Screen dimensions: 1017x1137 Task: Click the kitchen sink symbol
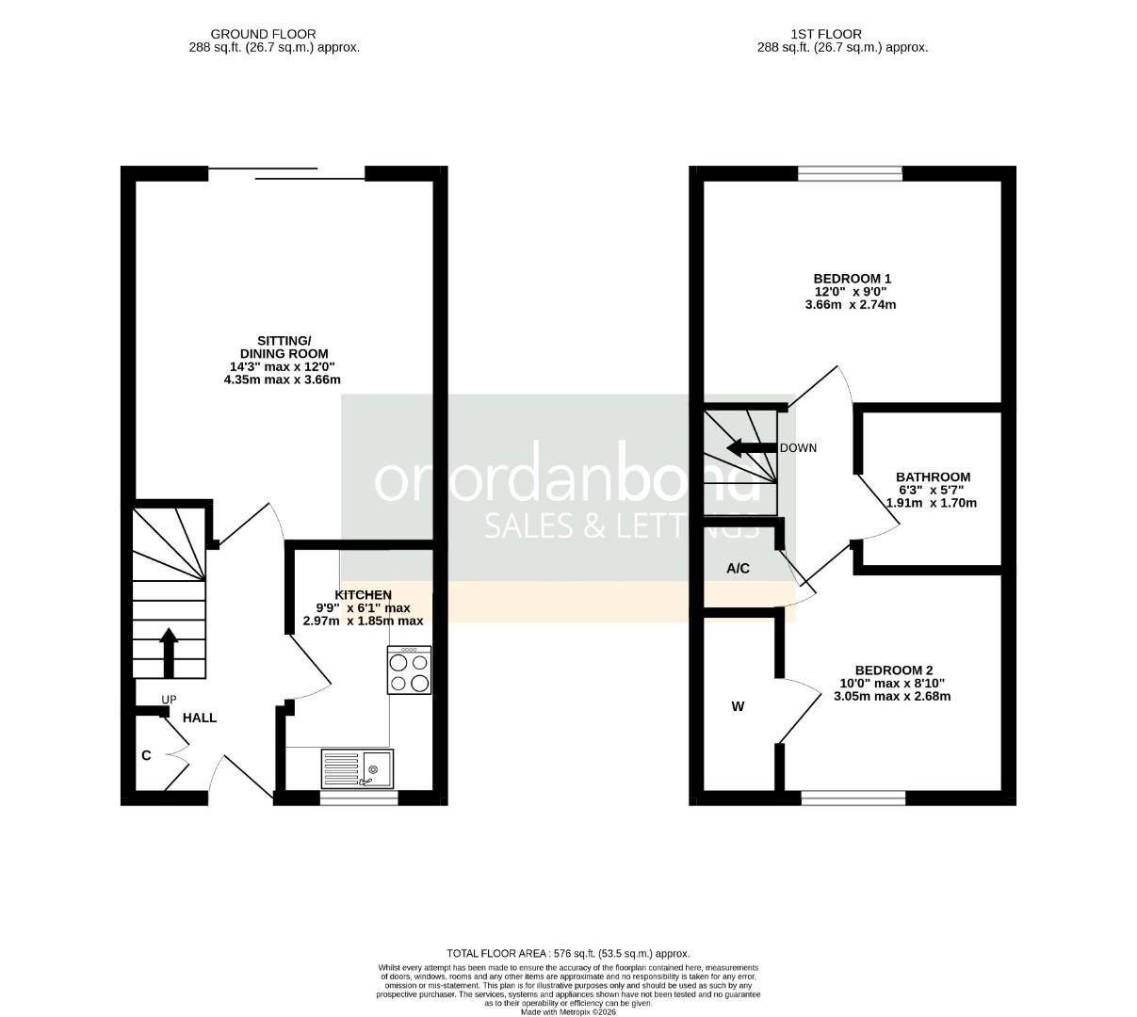[357, 768]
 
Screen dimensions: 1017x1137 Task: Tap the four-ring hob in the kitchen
[409, 670]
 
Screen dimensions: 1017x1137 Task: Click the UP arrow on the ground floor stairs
[169, 653]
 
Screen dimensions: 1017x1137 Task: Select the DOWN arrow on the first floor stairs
[751, 448]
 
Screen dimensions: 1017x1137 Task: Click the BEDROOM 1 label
[852, 279]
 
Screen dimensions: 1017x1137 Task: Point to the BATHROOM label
[932, 477]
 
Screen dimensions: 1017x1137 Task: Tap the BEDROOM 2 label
[891, 670]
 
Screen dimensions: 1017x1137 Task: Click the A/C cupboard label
[738, 569]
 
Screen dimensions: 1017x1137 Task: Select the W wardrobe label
[738, 706]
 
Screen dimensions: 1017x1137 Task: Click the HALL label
[200, 718]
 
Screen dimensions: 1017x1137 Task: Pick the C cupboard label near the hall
[146, 755]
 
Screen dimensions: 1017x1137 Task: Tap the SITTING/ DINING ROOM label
[284, 347]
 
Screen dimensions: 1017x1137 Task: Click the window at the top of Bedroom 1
[850, 173]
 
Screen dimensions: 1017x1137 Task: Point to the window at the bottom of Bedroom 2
[853, 799]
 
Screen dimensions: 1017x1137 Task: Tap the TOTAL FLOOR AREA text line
[568, 953]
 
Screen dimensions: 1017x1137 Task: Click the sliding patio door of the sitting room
[286, 173]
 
